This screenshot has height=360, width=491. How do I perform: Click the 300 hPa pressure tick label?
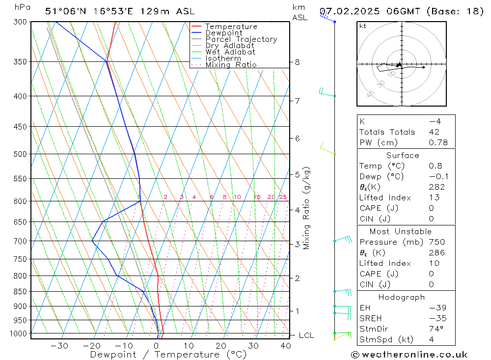20,22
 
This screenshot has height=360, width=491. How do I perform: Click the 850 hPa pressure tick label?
20,291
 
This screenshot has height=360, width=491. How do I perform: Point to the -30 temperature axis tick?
59,346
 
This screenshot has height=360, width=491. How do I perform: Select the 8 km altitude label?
297,62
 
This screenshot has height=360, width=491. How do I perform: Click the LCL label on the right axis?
306,335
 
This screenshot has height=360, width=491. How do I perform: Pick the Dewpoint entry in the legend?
224,33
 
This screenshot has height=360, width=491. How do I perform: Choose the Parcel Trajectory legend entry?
241,39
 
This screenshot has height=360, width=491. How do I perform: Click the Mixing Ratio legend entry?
231,64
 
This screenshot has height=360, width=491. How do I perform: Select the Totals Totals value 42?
434,132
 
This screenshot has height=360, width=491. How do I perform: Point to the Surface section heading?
403,155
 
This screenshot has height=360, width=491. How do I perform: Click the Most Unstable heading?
401,231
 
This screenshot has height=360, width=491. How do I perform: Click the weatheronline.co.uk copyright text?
409,354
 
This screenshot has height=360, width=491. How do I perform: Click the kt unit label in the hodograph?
363,26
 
